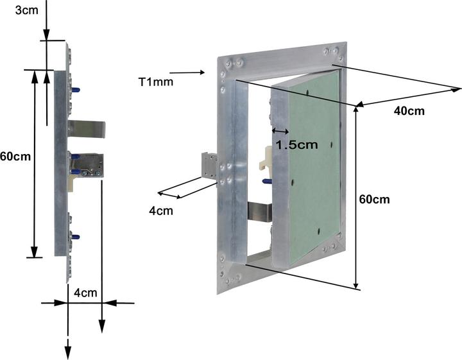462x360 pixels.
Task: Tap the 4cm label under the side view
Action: [85, 293]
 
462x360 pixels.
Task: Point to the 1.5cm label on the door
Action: [296, 144]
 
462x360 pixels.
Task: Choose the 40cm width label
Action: [409, 111]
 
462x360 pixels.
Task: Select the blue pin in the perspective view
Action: [267, 182]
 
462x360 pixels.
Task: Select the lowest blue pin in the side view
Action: [75, 237]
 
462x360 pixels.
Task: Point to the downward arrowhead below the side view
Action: [67, 352]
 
